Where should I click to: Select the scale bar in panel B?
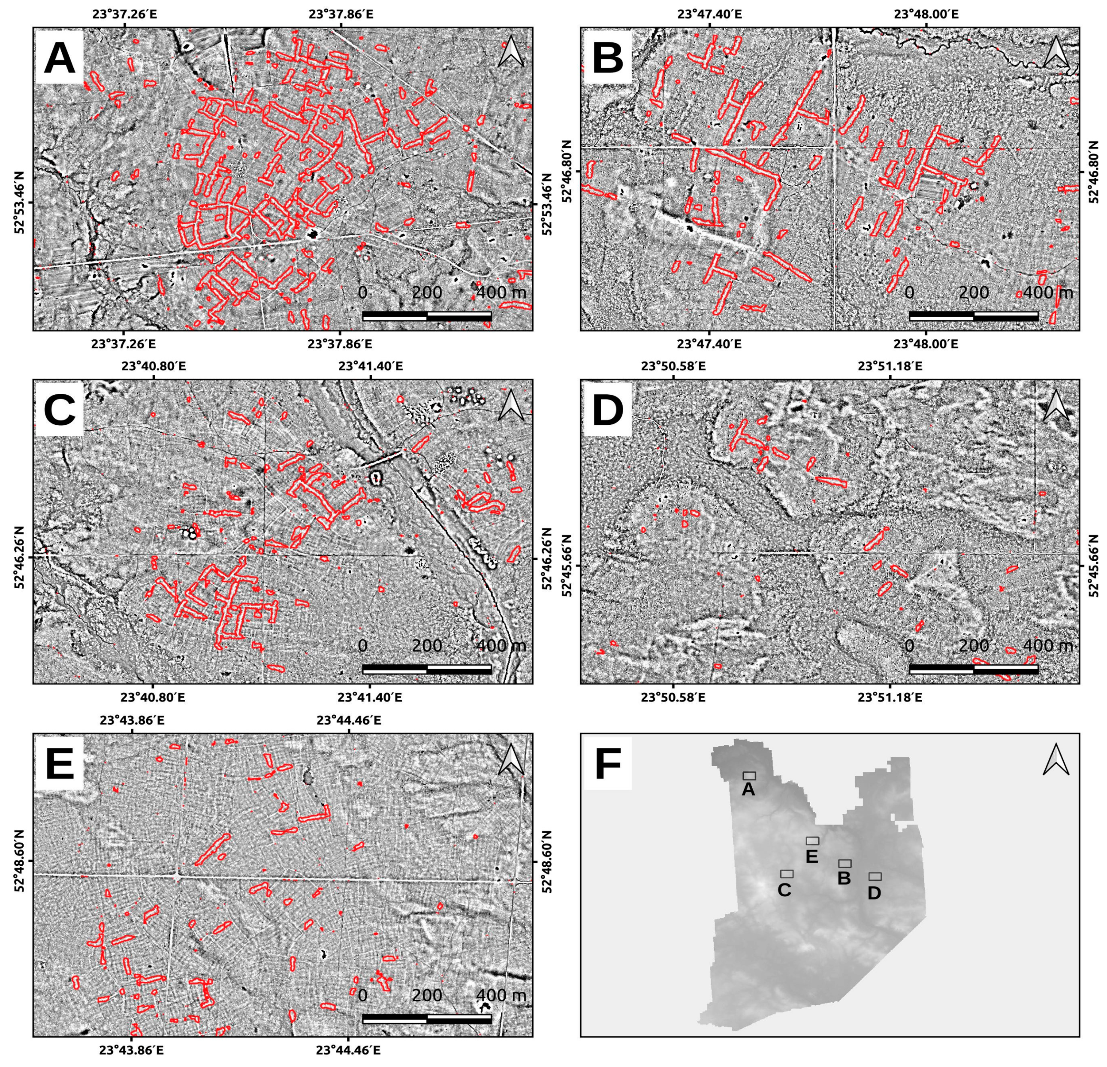pyautogui.click(x=973, y=316)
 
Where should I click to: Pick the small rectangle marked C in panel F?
pyautogui.click(x=787, y=874)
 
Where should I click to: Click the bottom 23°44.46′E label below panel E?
pyautogui.click(x=348, y=1051)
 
